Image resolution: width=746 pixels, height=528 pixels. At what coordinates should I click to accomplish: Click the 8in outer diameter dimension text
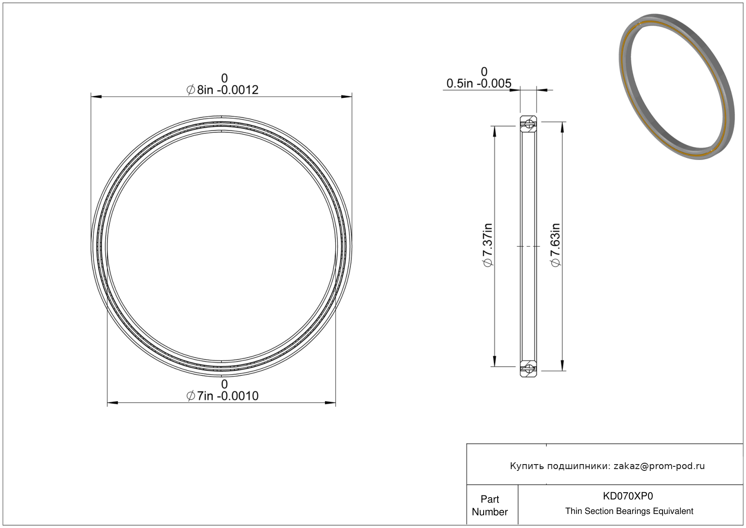click(222, 90)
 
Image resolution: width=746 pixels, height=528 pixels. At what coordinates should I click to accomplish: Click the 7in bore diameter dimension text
click(222, 396)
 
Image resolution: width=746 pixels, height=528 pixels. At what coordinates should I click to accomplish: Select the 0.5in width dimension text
click(479, 83)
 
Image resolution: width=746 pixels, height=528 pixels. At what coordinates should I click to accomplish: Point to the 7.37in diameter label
click(488, 245)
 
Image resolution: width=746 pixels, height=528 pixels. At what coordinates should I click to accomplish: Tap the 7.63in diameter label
click(556, 245)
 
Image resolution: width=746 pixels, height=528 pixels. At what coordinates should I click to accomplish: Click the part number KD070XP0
click(628, 496)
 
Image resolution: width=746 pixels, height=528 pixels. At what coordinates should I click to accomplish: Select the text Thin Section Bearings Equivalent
click(629, 511)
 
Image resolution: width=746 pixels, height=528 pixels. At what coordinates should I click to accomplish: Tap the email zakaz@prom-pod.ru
click(659, 466)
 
